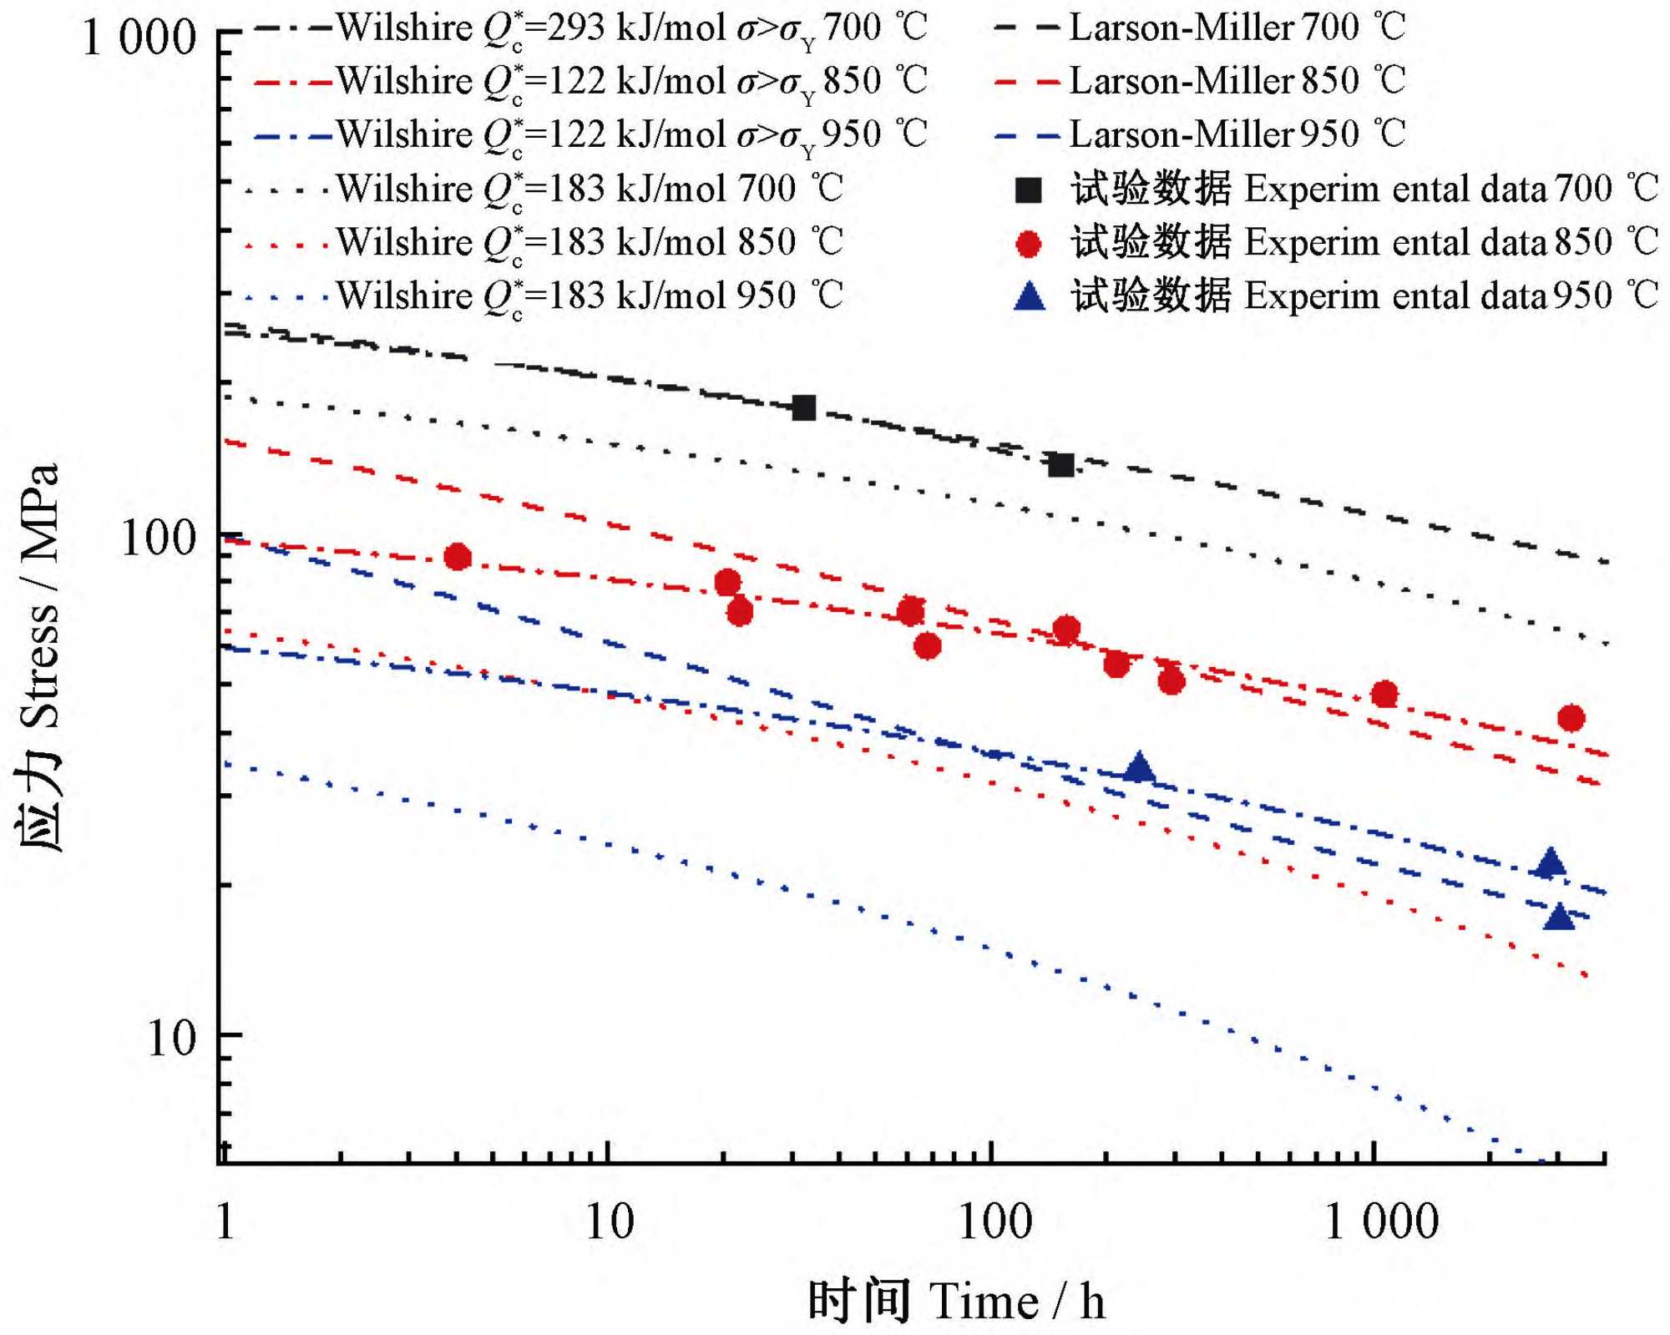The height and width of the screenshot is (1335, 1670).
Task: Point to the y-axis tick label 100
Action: click(x=159, y=539)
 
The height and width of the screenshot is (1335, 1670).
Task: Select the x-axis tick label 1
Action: click(x=225, y=1222)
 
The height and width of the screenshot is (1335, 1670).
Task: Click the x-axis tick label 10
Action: click(x=609, y=1222)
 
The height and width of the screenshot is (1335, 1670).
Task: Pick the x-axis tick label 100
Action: click(x=994, y=1222)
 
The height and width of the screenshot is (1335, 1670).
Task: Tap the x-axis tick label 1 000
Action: click(x=1382, y=1222)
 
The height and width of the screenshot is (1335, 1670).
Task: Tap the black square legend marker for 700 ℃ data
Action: click(x=1029, y=190)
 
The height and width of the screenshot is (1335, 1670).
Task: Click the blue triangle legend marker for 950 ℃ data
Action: click(x=1029, y=296)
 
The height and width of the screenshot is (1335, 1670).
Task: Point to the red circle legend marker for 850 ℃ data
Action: click(x=1029, y=244)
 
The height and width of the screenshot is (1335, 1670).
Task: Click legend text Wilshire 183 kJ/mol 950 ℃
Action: click(x=590, y=296)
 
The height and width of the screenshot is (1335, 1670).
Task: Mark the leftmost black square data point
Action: click(x=803, y=407)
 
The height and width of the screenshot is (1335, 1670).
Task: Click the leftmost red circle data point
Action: click(x=458, y=557)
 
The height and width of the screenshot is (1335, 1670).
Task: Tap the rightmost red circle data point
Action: click(x=1571, y=718)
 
